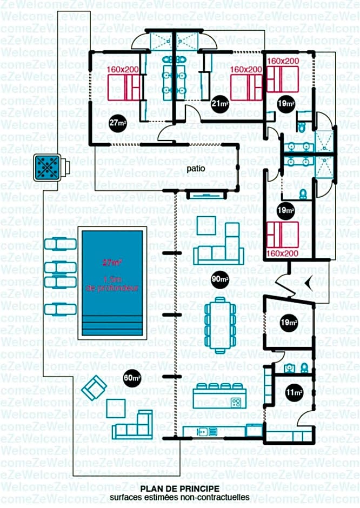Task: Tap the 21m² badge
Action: click(218, 104)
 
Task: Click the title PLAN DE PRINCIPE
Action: click(179, 489)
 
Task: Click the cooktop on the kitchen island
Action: click(236, 402)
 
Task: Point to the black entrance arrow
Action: click(308, 282)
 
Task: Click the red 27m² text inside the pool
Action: click(112, 263)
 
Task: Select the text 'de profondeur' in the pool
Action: click(112, 289)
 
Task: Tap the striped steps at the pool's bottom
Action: click(112, 327)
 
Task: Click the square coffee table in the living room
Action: click(206, 225)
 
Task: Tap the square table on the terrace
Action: click(116, 408)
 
